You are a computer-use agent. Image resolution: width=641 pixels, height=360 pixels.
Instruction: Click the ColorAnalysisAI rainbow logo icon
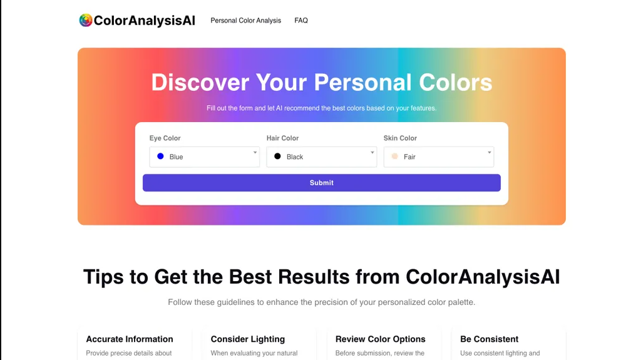click(86, 20)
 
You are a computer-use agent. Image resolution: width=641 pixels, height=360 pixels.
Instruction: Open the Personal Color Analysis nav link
click(245, 21)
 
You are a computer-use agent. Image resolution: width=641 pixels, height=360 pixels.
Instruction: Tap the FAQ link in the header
click(301, 21)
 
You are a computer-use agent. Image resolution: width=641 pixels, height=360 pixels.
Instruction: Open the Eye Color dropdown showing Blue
click(205, 157)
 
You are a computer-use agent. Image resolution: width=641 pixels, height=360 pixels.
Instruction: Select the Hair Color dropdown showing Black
click(322, 157)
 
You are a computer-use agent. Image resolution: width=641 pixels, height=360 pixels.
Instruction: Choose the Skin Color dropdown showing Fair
click(439, 157)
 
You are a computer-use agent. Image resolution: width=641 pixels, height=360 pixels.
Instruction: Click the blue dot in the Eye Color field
click(161, 157)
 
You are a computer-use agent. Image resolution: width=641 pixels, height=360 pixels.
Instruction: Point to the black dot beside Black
click(277, 157)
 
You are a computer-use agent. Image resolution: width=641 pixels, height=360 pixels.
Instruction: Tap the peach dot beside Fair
click(394, 157)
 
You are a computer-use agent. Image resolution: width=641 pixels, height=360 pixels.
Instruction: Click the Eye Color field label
click(165, 138)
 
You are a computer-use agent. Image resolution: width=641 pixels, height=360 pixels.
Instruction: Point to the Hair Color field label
click(282, 138)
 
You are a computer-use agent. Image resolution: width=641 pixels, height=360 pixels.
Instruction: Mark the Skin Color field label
click(400, 138)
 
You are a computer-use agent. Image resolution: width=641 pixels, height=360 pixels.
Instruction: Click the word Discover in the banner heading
click(200, 82)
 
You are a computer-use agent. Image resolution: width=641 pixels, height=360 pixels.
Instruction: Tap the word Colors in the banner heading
click(456, 82)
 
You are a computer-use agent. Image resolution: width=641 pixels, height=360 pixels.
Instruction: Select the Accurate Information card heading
click(130, 339)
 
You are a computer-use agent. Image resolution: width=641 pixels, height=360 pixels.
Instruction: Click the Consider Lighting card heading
click(248, 339)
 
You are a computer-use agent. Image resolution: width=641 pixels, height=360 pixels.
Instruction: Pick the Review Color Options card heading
click(380, 339)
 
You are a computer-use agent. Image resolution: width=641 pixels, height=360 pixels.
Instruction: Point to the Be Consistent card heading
click(490, 339)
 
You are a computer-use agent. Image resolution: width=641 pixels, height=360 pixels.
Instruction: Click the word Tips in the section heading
click(103, 277)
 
